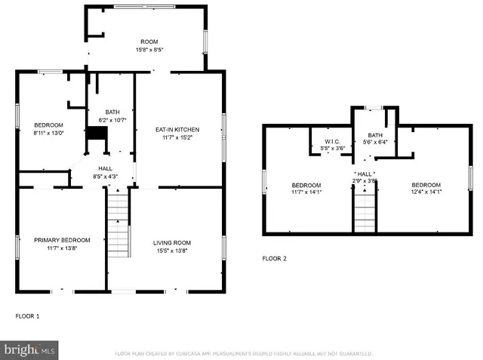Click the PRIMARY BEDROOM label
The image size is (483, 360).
62,240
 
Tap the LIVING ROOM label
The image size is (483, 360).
172,242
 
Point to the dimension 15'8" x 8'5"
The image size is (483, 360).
149,50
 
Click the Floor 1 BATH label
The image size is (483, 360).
112,112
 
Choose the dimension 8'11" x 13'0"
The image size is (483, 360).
48,133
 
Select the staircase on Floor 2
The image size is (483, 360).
365,211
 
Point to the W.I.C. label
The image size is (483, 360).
333,141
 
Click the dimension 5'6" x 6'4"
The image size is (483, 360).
374,141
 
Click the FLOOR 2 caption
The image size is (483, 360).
275,259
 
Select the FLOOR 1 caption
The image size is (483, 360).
28,315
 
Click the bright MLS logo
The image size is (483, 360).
29,350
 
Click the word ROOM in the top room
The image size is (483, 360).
149,42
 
